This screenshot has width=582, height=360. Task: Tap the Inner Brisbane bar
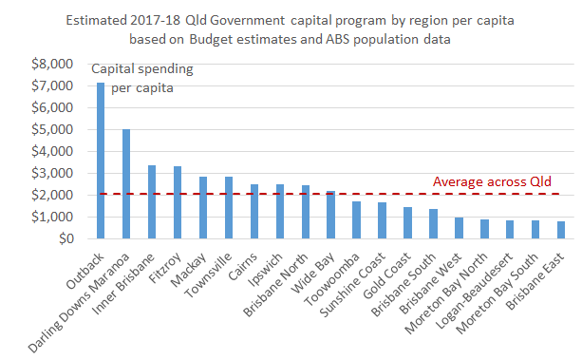click(x=152, y=201)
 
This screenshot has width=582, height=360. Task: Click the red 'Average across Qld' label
click(x=491, y=181)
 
